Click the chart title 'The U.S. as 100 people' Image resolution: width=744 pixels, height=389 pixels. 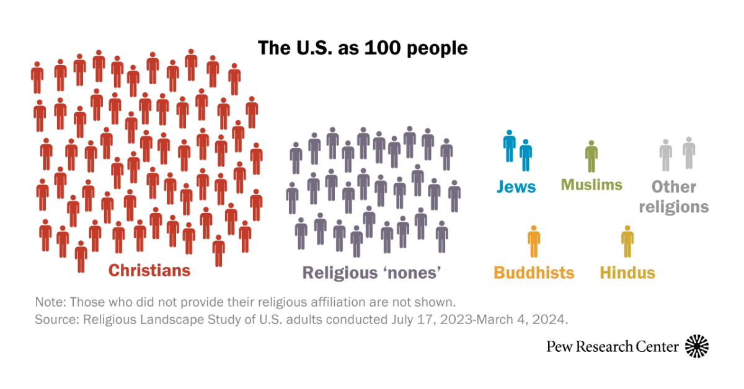(363, 48)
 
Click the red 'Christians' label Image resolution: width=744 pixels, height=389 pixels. (149, 271)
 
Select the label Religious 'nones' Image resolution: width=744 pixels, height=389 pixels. (371, 273)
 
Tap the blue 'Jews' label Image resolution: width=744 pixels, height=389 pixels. (516, 186)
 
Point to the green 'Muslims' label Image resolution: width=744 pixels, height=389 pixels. (591, 185)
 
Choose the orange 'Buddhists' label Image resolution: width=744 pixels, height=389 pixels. (534, 273)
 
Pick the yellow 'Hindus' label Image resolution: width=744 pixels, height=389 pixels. (627, 273)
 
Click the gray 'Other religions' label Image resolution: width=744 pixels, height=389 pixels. (674, 196)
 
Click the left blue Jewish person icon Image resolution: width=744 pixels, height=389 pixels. (510, 146)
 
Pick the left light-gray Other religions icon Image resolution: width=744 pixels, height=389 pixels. (665, 155)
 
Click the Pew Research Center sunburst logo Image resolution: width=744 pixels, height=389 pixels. (697, 346)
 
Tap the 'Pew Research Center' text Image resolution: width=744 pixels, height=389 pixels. (613, 347)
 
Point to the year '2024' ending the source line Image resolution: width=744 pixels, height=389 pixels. (553, 320)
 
